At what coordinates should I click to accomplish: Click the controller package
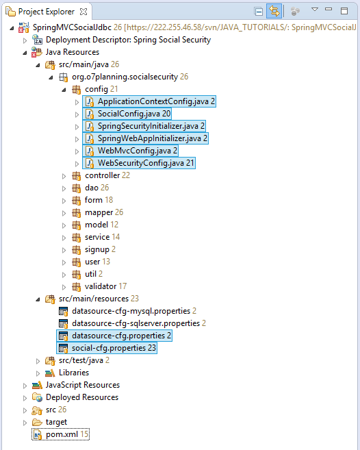[x=103, y=175]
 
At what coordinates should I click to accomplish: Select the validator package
[x=101, y=286]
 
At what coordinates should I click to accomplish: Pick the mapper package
[x=99, y=212]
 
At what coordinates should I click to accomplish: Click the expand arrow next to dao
[x=64, y=188]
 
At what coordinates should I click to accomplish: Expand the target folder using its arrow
[x=25, y=423]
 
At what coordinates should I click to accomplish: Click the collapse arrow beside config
[x=64, y=90]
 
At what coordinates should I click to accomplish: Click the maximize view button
[x=344, y=11]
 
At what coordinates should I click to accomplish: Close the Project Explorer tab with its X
[x=83, y=12]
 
